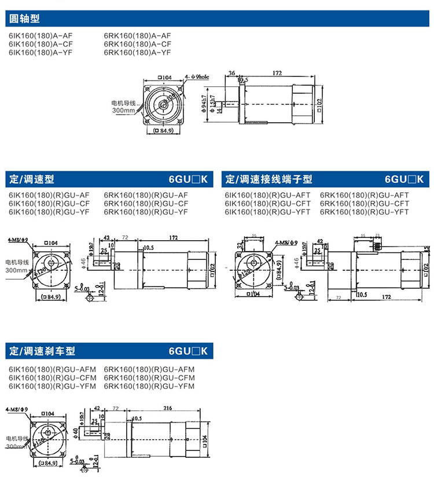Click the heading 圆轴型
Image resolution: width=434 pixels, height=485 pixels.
25,19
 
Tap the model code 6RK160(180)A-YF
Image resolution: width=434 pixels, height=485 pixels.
137,52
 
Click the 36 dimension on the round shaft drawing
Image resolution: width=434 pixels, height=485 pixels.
232,74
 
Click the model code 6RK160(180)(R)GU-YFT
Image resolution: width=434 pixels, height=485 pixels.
364,212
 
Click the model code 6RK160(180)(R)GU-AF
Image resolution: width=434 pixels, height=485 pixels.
146,195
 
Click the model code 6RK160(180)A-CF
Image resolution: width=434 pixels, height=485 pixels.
137,43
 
